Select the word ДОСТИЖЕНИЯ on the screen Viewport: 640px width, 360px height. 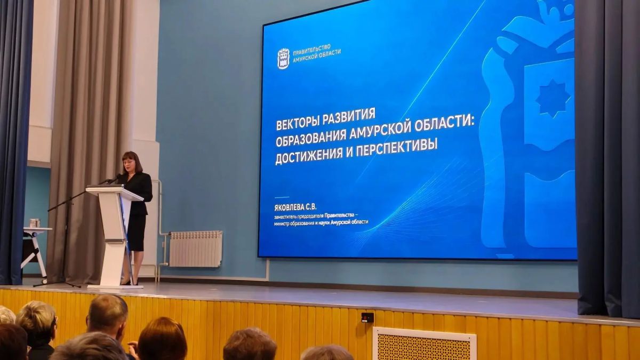309,156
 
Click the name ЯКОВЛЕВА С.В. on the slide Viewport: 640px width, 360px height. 295,207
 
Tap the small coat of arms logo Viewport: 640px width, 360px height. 283,59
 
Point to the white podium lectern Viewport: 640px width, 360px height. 114,236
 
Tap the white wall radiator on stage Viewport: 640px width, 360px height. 196,249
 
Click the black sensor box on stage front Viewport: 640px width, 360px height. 367,317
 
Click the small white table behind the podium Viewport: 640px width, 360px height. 35,251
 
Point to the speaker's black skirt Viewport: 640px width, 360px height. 137,233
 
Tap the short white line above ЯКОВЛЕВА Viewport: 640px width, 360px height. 282,197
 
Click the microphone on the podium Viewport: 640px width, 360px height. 110,180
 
